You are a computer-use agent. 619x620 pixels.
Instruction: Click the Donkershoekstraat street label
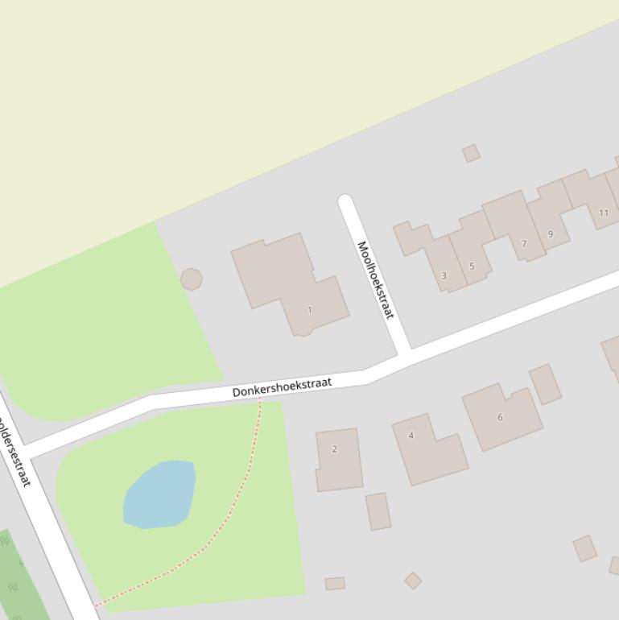tap(283, 386)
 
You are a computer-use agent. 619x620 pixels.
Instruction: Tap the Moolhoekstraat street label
tap(375, 279)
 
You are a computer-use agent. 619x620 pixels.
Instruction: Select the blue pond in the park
tap(160, 494)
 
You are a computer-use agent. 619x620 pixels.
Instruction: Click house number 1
tap(310, 309)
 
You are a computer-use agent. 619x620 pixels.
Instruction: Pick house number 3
tap(444, 275)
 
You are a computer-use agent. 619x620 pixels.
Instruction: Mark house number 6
tap(500, 417)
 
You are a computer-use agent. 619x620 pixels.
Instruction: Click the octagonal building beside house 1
tap(191, 279)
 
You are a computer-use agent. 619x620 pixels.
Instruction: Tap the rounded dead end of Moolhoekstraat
tap(346, 201)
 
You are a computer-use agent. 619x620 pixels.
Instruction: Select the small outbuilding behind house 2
tap(378, 511)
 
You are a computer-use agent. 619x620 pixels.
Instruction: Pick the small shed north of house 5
tap(471, 153)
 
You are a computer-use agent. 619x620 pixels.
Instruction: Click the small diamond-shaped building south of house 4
tap(413, 581)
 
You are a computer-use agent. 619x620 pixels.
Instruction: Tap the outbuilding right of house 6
tap(545, 383)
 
